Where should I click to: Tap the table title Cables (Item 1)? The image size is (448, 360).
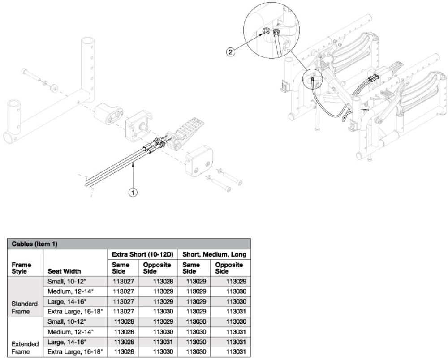click(x=31, y=244)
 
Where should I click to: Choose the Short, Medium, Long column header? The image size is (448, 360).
click(x=213, y=254)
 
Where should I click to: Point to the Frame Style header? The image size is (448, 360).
click(x=21, y=268)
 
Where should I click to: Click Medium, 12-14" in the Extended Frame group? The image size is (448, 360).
click(x=70, y=332)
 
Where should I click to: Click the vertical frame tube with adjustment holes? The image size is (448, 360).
click(x=87, y=67)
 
